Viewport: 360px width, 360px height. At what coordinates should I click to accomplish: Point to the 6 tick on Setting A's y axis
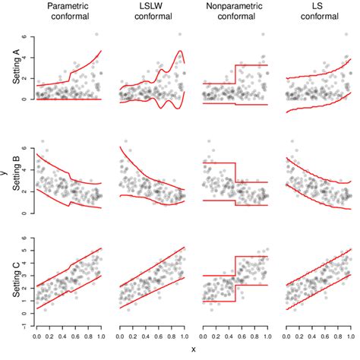pyautogui.click(x=26, y=36)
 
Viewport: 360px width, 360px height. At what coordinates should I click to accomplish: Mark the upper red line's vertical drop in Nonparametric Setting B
pyautogui.click(x=235, y=172)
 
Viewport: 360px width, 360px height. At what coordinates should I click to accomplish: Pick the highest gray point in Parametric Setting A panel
pyautogui.click(x=96, y=34)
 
